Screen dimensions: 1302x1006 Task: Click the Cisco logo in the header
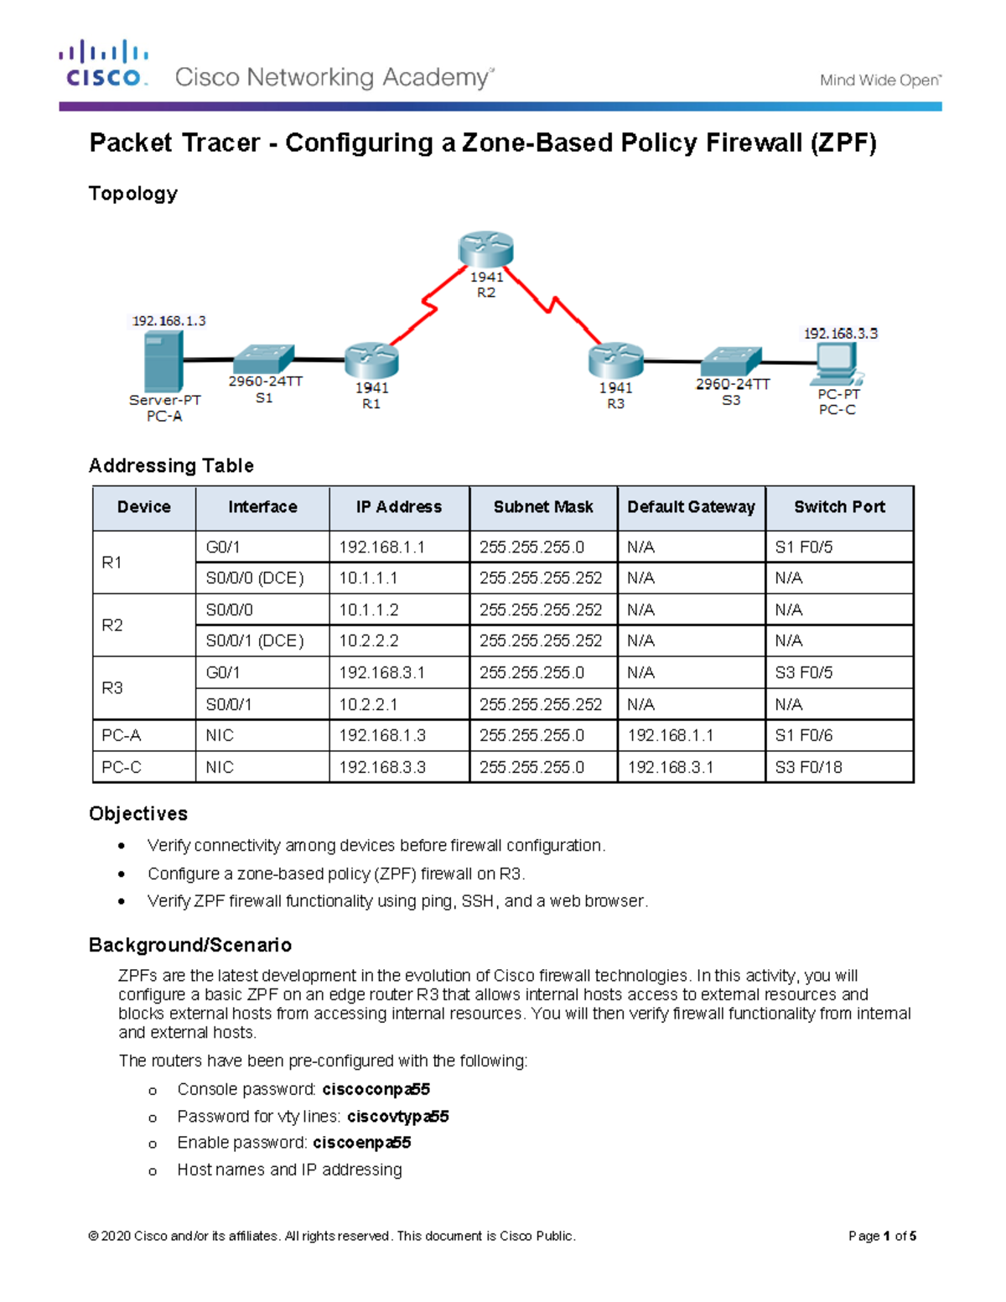[x=104, y=64]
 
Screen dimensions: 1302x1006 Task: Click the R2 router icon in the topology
[x=485, y=249]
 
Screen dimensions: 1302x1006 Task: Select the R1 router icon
[x=371, y=361]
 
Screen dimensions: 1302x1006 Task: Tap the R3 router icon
[x=615, y=361]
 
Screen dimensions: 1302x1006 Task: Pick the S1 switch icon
[x=263, y=359]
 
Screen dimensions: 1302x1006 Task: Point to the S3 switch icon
[x=730, y=361]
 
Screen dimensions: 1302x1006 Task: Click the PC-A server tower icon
[x=163, y=361]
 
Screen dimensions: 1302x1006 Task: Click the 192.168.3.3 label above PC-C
[x=841, y=333]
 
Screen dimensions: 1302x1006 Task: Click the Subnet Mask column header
[x=543, y=507]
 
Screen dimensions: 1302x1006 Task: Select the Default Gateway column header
[x=691, y=507]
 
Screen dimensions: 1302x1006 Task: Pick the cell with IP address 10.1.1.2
[x=369, y=610]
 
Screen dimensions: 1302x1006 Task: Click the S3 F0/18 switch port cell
[x=808, y=767]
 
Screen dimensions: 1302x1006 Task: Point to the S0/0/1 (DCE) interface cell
[x=255, y=641]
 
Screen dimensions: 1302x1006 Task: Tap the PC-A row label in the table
[x=122, y=735]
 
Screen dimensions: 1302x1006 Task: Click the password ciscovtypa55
[x=397, y=1117]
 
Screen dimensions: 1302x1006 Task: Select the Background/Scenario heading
[x=190, y=945]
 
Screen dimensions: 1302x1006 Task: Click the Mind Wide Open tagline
[x=880, y=80]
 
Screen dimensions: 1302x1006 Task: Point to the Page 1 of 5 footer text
[x=882, y=1236]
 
